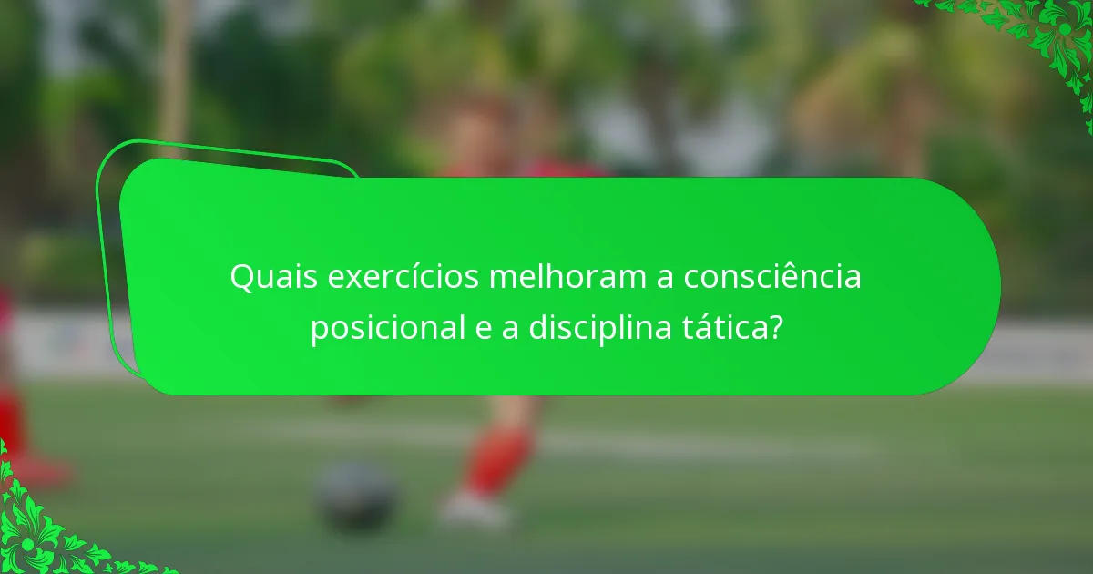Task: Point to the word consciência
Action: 761,277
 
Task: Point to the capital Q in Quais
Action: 241,277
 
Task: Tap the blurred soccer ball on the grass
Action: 356,497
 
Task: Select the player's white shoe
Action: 474,508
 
